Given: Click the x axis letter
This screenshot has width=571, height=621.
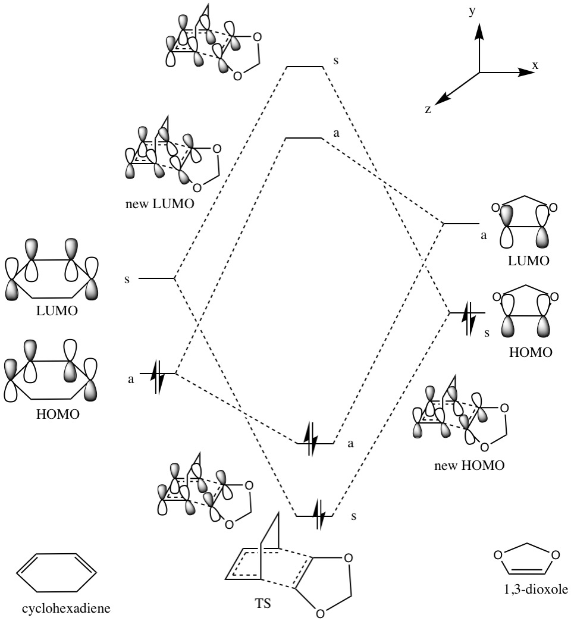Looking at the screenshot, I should click(535, 65).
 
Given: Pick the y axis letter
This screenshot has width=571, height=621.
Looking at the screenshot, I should click(472, 12).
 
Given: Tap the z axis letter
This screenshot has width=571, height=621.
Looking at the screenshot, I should click(428, 109).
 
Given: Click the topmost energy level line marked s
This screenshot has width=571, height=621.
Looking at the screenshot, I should click(305, 67).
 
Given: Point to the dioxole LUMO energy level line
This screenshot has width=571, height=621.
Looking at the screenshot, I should click(462, 224).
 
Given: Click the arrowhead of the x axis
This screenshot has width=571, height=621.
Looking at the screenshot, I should click(526, 73).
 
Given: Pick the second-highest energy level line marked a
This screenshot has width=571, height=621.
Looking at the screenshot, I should click(303, 139).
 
